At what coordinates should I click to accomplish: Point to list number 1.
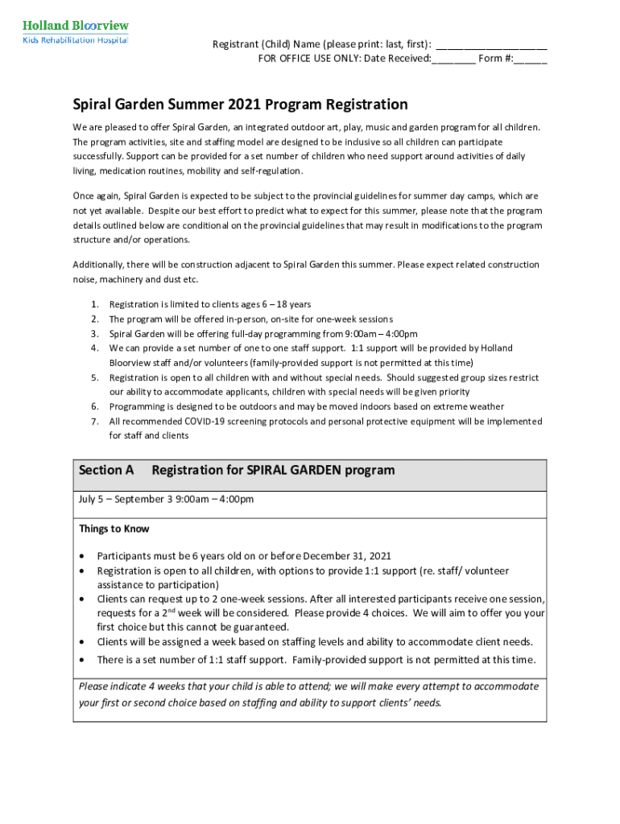[x=94, y=304]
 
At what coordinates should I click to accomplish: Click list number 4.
[x=94, y=348]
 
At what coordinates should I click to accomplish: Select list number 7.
[x=94, y=422]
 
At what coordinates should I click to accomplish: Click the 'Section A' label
[x=106, y=470]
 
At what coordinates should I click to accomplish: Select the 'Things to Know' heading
[x=114, y=529]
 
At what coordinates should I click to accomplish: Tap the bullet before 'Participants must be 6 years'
[x=83, y=557]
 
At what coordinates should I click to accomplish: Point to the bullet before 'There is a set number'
[x=83, y=661]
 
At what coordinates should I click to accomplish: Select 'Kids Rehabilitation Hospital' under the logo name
[x=74, y=39]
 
